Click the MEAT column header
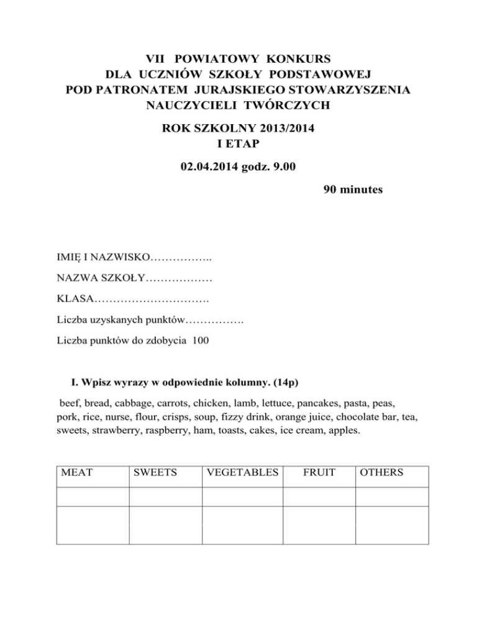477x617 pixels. [76, 472]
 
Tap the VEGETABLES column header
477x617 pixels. [242, 472]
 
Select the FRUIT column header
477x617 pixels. [319, 472]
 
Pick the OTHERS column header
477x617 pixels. [381, 472]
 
